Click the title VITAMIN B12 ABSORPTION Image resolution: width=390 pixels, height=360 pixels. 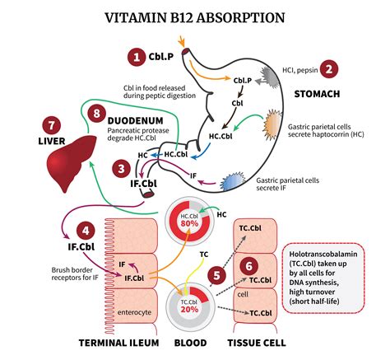tap(194, 16)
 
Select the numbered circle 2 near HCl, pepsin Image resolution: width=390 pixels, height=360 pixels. tap(329, 71)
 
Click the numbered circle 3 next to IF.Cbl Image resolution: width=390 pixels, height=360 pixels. tap(121, 169)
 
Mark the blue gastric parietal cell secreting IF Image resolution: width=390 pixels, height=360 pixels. tap(234, 180)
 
